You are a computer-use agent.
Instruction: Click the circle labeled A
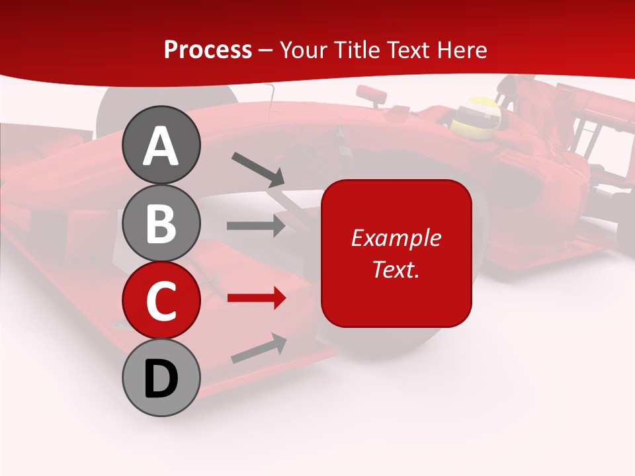point(161,145)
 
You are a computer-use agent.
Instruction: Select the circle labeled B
point(161,223)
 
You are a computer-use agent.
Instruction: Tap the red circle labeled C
point(161,301)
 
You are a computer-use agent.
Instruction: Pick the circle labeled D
point(161,378)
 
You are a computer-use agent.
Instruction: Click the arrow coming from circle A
point(258,169)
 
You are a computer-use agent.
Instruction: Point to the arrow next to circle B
point(256,225)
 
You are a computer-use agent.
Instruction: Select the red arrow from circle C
point(257,298)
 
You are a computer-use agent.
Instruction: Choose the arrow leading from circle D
point(259,348)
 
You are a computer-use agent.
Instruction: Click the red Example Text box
point(396,253)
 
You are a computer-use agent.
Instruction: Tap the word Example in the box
point(396,238)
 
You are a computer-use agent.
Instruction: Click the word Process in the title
point(208,50)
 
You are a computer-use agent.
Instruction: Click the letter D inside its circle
point(161,379)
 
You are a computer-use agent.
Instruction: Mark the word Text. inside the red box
point(396,269)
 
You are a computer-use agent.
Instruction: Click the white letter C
point(161,301)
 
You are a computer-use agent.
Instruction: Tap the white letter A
point(161,146)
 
